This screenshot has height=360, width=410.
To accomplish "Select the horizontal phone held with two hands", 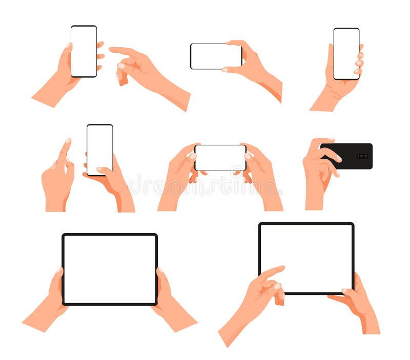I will [x=220, y=157].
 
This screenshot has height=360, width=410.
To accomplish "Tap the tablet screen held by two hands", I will [x=110, y=269].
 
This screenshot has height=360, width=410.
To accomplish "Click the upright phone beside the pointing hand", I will [x=84, y=51].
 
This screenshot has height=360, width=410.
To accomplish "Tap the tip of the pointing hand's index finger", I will [x=111, y=49].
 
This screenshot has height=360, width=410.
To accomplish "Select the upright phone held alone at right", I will [x=346, y=54].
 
